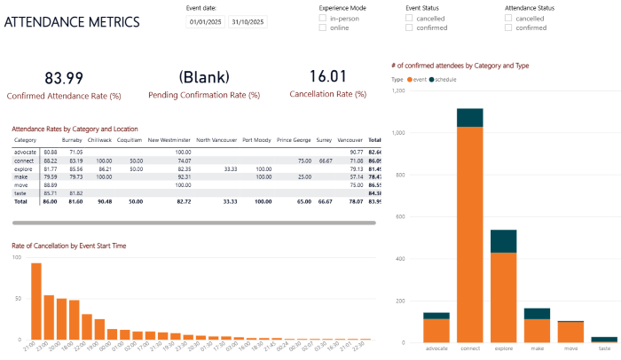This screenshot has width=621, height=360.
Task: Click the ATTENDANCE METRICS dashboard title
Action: click(72, 20)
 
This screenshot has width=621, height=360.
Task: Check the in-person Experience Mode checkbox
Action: click(323, 18)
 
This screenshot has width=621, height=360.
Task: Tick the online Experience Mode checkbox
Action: click(323, 27)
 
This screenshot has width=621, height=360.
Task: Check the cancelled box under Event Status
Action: click(409, 18)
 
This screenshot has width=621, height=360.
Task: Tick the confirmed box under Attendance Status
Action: click(508, 27)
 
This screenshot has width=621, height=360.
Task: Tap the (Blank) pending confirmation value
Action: click(204, 77)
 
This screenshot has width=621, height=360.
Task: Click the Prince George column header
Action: click(294, 139)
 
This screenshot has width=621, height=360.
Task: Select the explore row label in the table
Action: click(24, 168)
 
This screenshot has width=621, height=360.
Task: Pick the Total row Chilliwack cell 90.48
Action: click(104, 201)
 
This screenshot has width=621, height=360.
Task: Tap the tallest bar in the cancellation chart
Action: click(36, 301)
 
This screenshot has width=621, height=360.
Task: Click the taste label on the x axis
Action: click(603, 348)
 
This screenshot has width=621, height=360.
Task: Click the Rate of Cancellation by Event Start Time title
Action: click(69, 246)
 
